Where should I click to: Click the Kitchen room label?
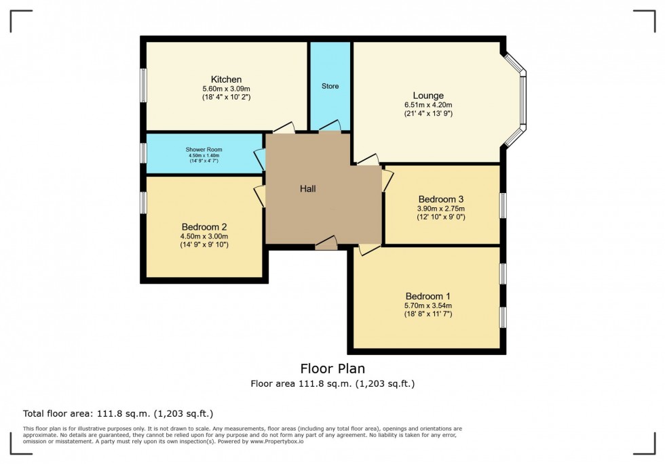pos(226,79)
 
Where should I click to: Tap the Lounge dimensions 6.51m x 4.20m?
pos(427,105)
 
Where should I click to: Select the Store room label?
pos(330,86)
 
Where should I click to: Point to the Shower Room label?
pos(204,150)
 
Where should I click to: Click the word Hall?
pos(308,189)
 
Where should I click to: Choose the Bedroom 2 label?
pos(204,227)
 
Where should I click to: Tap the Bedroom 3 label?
pos(440,199)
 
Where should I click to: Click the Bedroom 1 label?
pos(427,296)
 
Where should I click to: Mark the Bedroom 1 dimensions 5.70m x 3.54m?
pos(427,305)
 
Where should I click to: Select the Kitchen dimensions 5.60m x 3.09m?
pos(226,89)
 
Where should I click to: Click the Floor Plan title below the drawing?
pos(332,368)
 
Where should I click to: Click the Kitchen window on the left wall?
pos(143,85)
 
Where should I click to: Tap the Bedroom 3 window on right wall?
pos(503,205)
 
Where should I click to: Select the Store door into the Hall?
pos(330,127)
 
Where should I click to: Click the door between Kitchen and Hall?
pos(283,128)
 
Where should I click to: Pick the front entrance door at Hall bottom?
pos(326,244)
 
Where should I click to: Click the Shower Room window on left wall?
pos(143,152)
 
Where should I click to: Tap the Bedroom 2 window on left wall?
pos(143,203)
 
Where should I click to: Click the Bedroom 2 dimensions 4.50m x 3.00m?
pos(204,236)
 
